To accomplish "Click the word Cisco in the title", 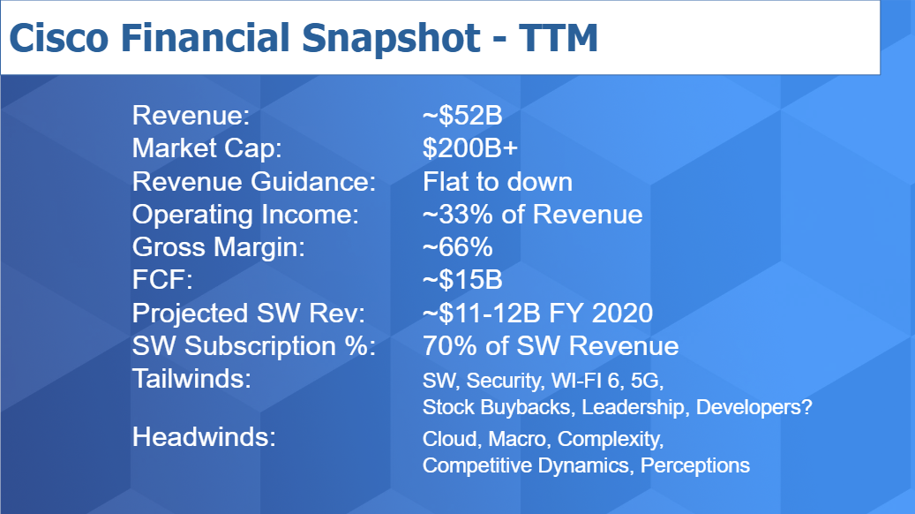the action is pos(59,38).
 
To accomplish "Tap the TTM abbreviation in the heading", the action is pos(559,38).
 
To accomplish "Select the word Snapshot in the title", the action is pos(391,40).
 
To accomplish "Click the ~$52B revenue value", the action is pos(462,116).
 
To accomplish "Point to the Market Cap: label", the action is pos(207,148).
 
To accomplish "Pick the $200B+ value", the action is pos(469,148).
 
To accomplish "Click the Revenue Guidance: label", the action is pos(254,181).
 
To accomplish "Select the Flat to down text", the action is pos(497,181).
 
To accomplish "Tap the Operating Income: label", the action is pos(245,215).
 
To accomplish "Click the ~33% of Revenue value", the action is pos(532,215).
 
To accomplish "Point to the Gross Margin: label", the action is pos(219,247).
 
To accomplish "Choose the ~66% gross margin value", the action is pos(457,247).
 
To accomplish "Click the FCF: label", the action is pos(162,280).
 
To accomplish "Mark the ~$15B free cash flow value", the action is pos(462,280).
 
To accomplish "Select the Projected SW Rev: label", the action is pos(249,313).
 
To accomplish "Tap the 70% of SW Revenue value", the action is pos(551,346).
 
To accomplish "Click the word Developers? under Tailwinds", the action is pos(754,407).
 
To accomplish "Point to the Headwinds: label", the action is pos(204,437).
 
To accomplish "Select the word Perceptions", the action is pos(695,465).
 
